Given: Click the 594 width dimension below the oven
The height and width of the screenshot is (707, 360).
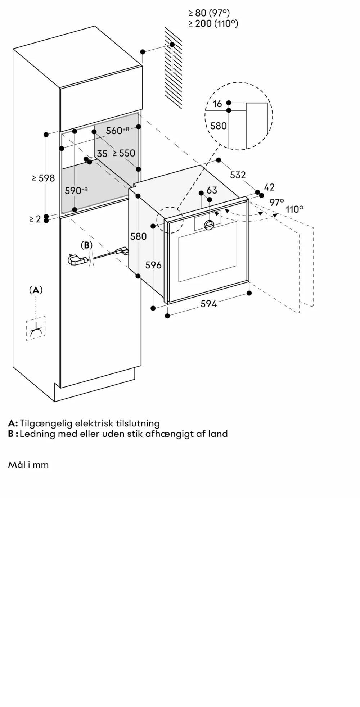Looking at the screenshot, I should [x=209, y=304].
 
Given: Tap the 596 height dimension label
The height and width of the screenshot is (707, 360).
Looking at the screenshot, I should [x=153, y=265].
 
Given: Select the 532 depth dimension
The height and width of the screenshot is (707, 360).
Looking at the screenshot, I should [x=238, y=175].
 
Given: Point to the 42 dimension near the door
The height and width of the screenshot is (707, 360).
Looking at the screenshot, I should [x=269, y=187].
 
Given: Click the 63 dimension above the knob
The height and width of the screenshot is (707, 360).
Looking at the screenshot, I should [x=212, y=190].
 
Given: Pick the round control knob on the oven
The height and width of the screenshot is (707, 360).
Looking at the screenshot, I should [x=210, y=226].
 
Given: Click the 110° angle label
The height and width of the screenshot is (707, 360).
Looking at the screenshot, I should [x=294, y=209].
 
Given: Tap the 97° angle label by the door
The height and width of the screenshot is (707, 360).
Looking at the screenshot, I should [x=277, y=203].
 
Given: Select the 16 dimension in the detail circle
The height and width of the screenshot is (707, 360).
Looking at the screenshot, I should [x=217, y=104].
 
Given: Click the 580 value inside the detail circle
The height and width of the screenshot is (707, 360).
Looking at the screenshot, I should [x=219, y=126].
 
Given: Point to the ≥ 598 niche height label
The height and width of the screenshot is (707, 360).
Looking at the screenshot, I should [x=43, y=178].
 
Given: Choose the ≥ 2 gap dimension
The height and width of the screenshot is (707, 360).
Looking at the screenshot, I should [x=35, y=218].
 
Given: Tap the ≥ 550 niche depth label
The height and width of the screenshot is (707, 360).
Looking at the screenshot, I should [x=123, y=153].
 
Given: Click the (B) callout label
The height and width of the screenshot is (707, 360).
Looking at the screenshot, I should [x=86, y=245].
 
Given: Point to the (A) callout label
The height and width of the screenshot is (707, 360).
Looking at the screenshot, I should [x=36, y=290].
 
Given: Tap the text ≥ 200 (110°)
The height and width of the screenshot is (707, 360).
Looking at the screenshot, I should [x=213, y=23].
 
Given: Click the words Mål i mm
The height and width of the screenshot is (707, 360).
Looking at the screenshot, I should [x=28, y=465].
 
